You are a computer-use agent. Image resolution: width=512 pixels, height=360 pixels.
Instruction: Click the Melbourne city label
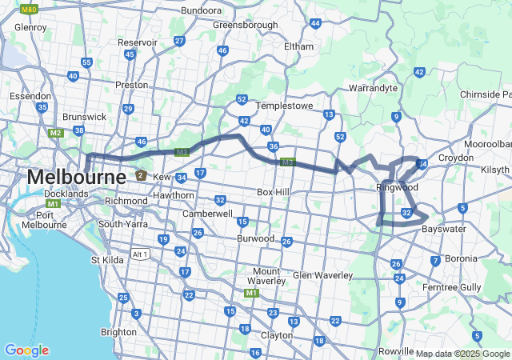[76, 176]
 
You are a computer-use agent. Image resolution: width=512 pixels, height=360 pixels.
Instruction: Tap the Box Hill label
[276, 193]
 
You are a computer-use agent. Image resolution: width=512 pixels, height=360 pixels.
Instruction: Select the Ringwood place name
[397, 187]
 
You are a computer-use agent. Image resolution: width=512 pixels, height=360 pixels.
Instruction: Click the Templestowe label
[282, 106]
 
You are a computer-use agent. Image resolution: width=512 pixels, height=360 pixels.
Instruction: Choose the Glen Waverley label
[322, 275]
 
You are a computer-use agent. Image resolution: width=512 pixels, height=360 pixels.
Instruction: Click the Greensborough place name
[245, 25]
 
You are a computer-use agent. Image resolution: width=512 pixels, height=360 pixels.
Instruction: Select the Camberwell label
[207, 214]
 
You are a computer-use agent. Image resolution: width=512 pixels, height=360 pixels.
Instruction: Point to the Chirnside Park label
[485, 94]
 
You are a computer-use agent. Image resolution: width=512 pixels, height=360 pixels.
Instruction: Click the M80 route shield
[29, 10]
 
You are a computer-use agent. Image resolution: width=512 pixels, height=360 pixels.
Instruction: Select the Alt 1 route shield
[141, 254]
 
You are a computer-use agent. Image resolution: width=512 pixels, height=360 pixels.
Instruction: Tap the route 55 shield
[86, 62]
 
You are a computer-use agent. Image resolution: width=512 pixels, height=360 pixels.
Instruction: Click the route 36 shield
[274, 146]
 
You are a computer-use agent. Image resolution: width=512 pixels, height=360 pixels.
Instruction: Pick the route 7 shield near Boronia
[435, 261]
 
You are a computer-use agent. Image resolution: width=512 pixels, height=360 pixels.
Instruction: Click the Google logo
[26, 350]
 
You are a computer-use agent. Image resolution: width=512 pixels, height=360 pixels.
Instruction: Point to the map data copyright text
[462, 354]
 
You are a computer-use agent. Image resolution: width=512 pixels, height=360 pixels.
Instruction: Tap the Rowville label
[396, 351]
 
